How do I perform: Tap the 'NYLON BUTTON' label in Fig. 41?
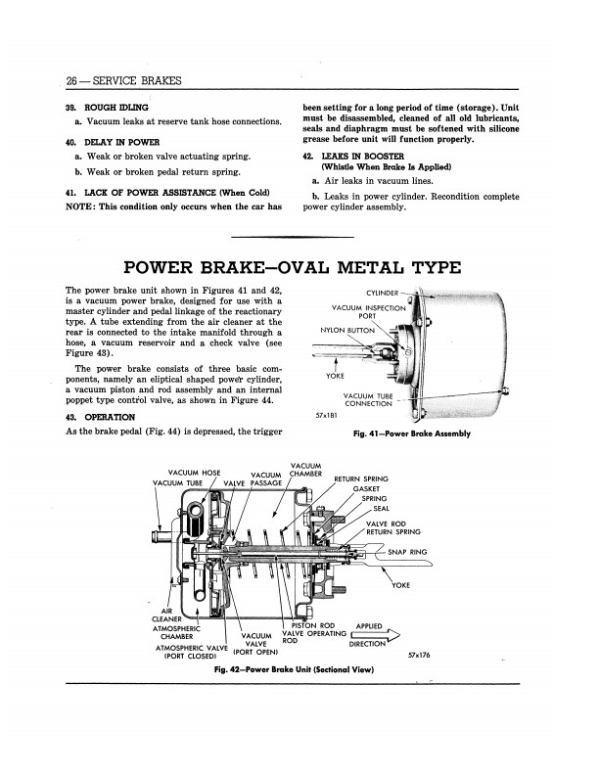point(347,330)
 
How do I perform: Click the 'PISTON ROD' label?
point(314,624)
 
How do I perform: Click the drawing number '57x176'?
point(422,652)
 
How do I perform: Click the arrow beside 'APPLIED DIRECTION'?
point(374,635)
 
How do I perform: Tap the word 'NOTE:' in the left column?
point(81,207)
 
